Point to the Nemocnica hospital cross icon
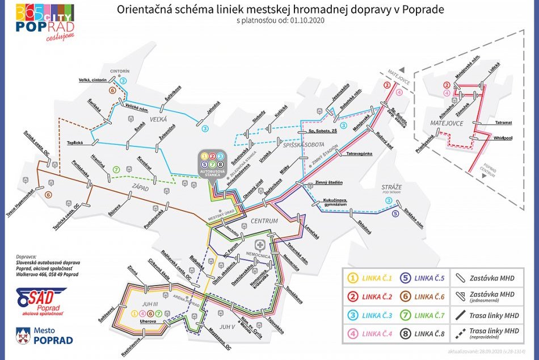pyautogui.click(x=260, y=246)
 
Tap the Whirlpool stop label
pyautogui.click(x=503, y=137)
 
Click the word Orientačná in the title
pyautogui.click(x=141, y=9)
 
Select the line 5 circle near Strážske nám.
pyautogui.click(x=395, y=214)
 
